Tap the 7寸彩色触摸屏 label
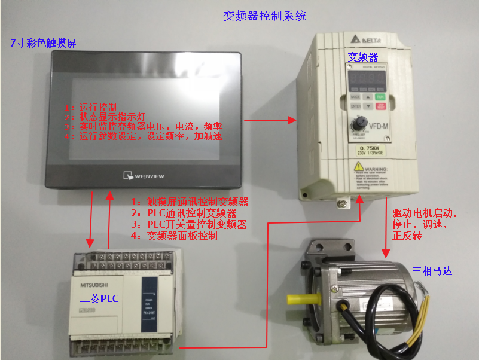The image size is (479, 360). (42, 43)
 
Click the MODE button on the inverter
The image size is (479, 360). (356, 96)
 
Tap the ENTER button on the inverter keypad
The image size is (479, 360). (356, 106)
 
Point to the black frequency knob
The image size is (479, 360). (361, 124)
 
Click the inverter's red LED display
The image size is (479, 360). (367, 78)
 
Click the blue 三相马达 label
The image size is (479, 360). (432, 271)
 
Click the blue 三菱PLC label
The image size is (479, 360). (100, 297)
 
